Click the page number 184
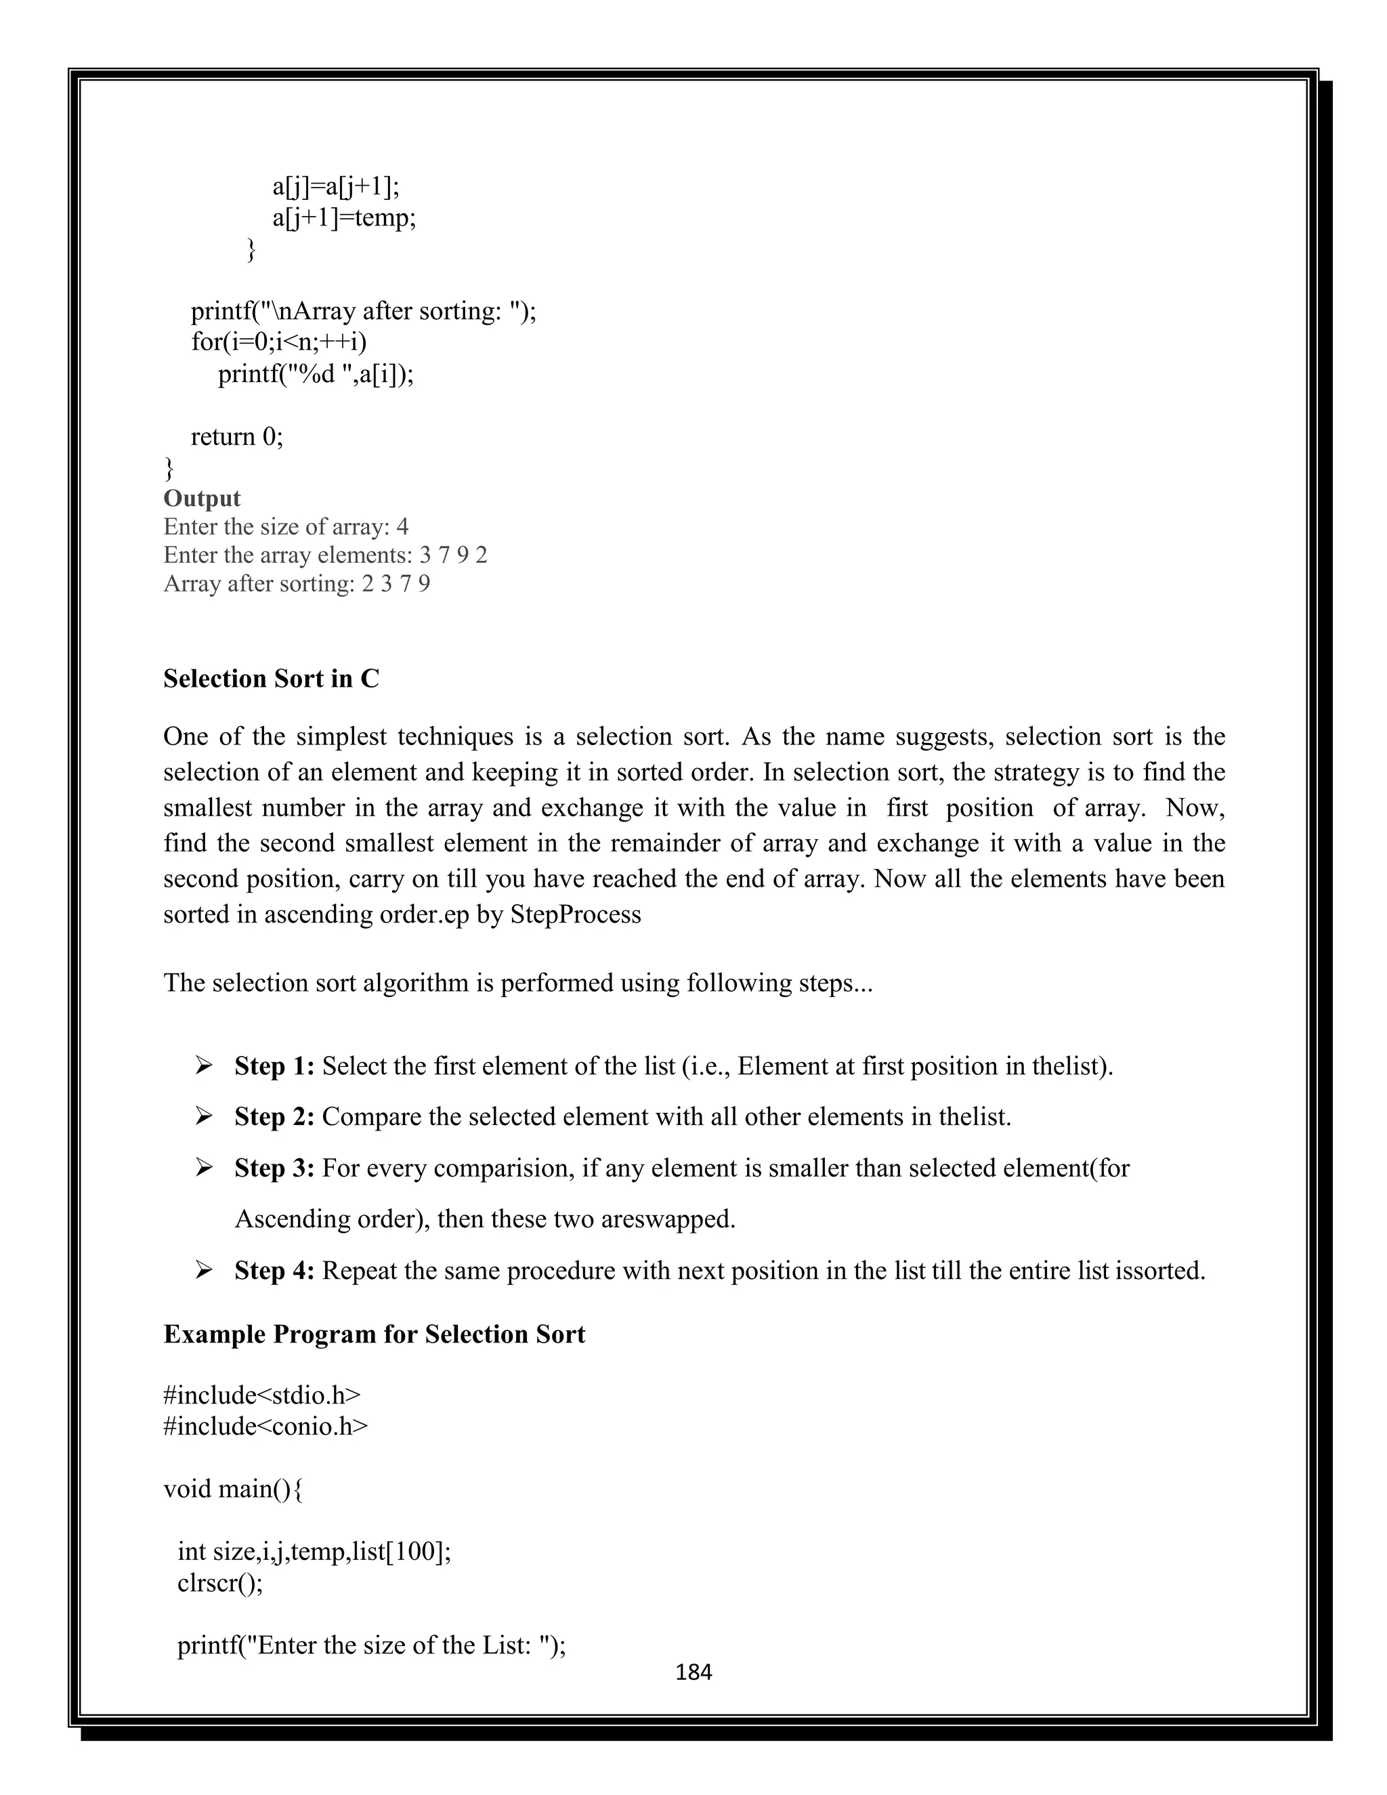click(x=693, y=1672)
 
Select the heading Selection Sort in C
click(x=271, y=678)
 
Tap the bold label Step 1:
click(x=274, y=1066)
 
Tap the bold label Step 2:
click(x=274, y=1117)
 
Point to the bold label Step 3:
click(x=274, y=1168)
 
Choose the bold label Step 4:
click(x=274, y=1271)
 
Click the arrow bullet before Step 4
click(x=204, y=1271)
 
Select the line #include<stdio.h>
click(x=262, y=1395)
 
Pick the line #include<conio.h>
click(x=265, y=1426)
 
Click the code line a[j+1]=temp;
click(x=344, y=218)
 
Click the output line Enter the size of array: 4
click(x=285, y=527)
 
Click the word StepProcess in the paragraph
click(x=575, y=914)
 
